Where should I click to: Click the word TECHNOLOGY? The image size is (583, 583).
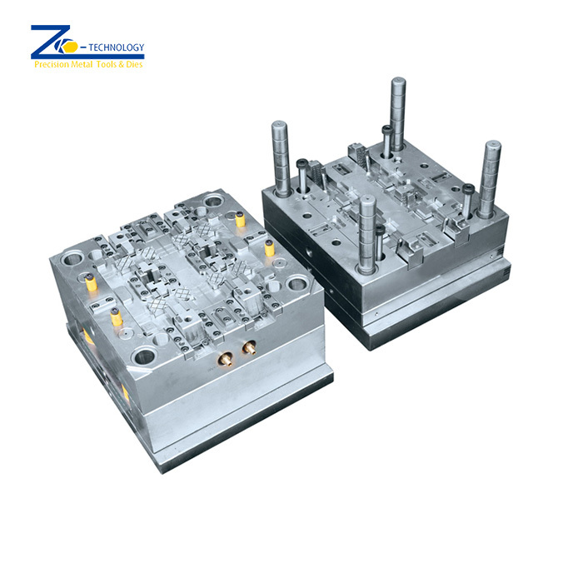click(116, 47)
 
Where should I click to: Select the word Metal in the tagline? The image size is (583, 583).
click(82, 64)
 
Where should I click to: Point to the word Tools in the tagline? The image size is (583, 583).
click(107, 64)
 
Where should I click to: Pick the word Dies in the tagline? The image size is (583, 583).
click(134, 64)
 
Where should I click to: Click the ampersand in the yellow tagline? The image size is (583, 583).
click(122, 64)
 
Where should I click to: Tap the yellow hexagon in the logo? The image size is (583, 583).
click(70, 47)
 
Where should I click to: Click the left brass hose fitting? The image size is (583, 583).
click(226, 360)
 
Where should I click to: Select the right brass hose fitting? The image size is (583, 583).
click(250, 347)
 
